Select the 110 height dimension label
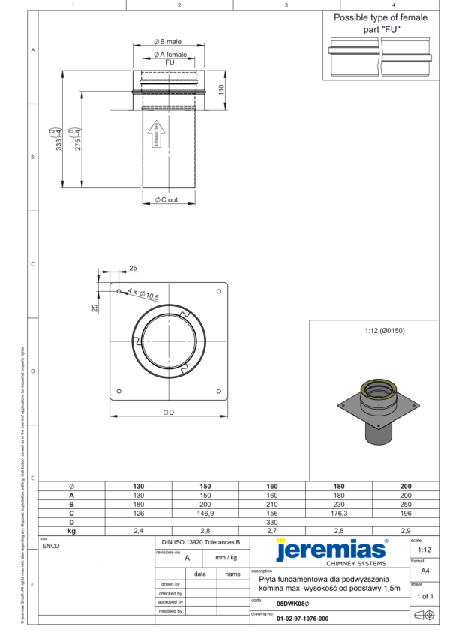pyautogui.click(x=221, y=90)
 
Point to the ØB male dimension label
pyautogui.click(x=169, y=42)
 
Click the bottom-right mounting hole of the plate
pyautogui.click(x=218, y=389)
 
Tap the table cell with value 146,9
pyautogui.click(x=205, y=513)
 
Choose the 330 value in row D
pyautogui.click(x=272, y=522)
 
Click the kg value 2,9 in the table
pyautogui.click(x=406, y=530)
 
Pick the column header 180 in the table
pyautogui.click(x=339, y=487)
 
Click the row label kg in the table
pyautogui.click(x=71, y=530)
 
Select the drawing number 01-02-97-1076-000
pyautogui.click(x=302, y=619)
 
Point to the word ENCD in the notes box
pyautogui.click(x=52, y=546)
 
